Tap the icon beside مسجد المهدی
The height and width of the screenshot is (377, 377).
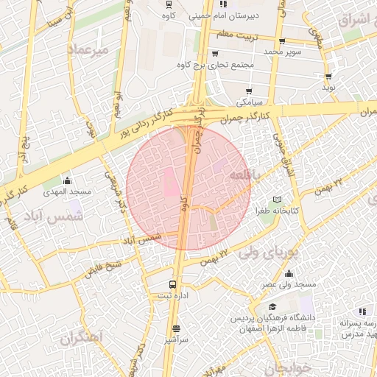[68, 180]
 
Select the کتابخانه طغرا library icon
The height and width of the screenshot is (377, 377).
[277, 200]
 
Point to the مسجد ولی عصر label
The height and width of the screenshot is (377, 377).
[289, 283]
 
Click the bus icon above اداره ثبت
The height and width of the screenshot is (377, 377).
[172, 284]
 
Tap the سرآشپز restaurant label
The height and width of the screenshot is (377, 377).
[176, 340]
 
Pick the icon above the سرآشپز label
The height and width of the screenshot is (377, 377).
[176, 329]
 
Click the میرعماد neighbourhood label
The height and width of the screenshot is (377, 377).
[88, 49]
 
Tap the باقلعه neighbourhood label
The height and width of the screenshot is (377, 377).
[242, 175]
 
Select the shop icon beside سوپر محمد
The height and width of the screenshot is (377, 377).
[282, 41]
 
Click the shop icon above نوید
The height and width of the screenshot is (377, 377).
[328, 76]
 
